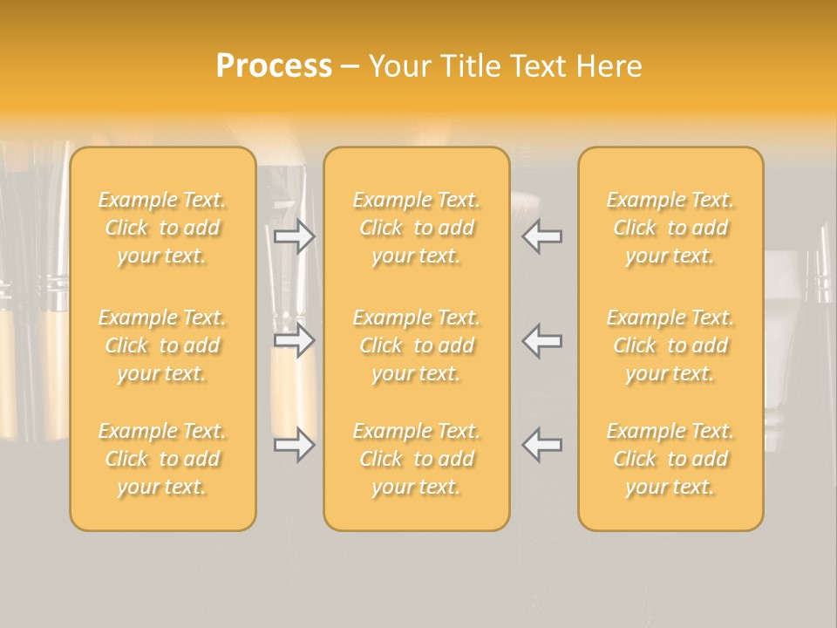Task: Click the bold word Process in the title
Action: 274,66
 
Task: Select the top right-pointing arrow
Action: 295,236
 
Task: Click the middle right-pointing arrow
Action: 295,340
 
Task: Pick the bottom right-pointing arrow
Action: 295,445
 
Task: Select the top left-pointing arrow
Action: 542,236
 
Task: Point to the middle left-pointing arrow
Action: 542,340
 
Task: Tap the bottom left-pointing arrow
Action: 542,445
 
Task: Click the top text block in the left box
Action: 162,228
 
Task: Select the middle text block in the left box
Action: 162,345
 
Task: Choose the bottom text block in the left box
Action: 162,459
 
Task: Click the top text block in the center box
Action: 417,228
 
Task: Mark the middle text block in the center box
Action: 417,345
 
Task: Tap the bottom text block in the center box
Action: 417,459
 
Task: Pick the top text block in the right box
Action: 670,228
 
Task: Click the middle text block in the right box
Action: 670,345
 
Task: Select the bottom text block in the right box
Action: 670,459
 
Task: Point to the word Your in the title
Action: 401,66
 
